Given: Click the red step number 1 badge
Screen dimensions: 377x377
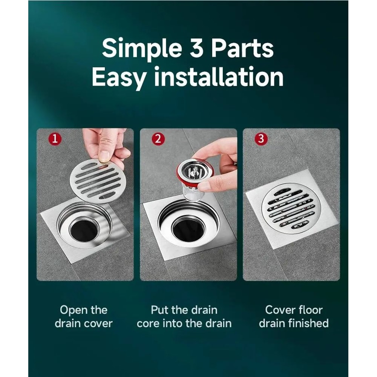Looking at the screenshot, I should click(55, 139).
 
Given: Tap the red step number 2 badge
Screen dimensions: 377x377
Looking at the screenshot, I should click(158, 139).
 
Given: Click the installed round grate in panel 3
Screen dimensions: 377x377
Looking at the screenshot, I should click(289, 208).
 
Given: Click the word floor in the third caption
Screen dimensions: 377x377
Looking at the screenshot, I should click(308, 310).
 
